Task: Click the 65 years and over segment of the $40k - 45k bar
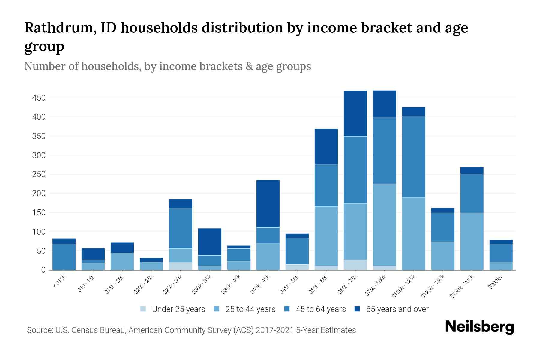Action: [268, 204]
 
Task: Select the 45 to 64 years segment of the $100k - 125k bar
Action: [414, 157]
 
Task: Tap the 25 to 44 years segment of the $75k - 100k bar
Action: [385, 225]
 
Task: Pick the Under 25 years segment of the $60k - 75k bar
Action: [355, 265]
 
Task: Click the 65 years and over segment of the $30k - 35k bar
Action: [210, 242]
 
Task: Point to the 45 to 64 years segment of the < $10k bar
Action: [64, 257]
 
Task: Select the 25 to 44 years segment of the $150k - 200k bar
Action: [472, 241]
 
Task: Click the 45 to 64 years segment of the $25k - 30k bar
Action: [181, 228]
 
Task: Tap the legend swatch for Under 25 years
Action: [143, 309]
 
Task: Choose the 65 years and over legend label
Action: [397, 309]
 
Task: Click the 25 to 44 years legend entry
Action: [250, 309]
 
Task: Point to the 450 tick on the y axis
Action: [39, 98]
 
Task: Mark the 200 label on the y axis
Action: [39, 193]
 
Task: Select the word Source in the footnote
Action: [39, 330]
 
